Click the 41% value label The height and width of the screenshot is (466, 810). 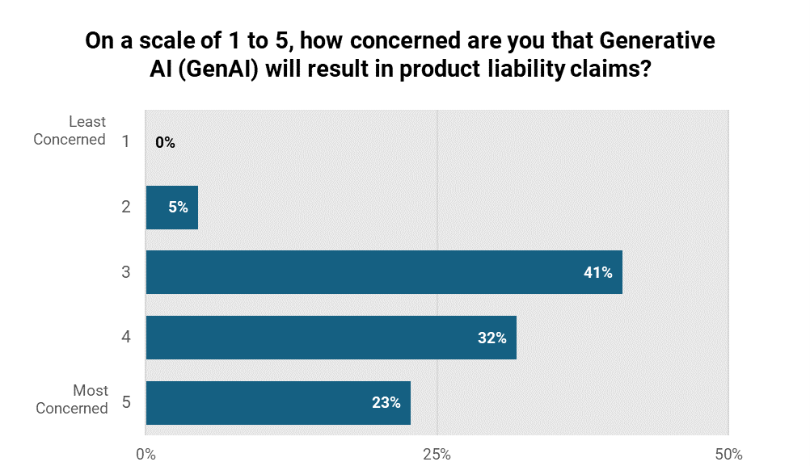click(598, 273)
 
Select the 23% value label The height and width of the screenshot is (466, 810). click(386, 403)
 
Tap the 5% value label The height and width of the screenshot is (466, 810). click(178, 208)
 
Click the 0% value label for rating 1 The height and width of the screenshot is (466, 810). click(165, 143)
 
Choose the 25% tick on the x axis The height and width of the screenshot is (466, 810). click(437, 455)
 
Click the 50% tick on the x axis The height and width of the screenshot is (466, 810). click(728, 455)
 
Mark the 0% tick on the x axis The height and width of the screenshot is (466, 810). click(146, 455)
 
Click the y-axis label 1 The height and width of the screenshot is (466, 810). click(125, 142)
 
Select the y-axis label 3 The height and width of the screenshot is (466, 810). click(125, 272)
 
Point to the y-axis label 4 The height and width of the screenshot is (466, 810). click(125, 338)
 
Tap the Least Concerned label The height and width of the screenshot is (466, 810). click(70, 131)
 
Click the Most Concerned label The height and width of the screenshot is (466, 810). click(72, 400)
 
